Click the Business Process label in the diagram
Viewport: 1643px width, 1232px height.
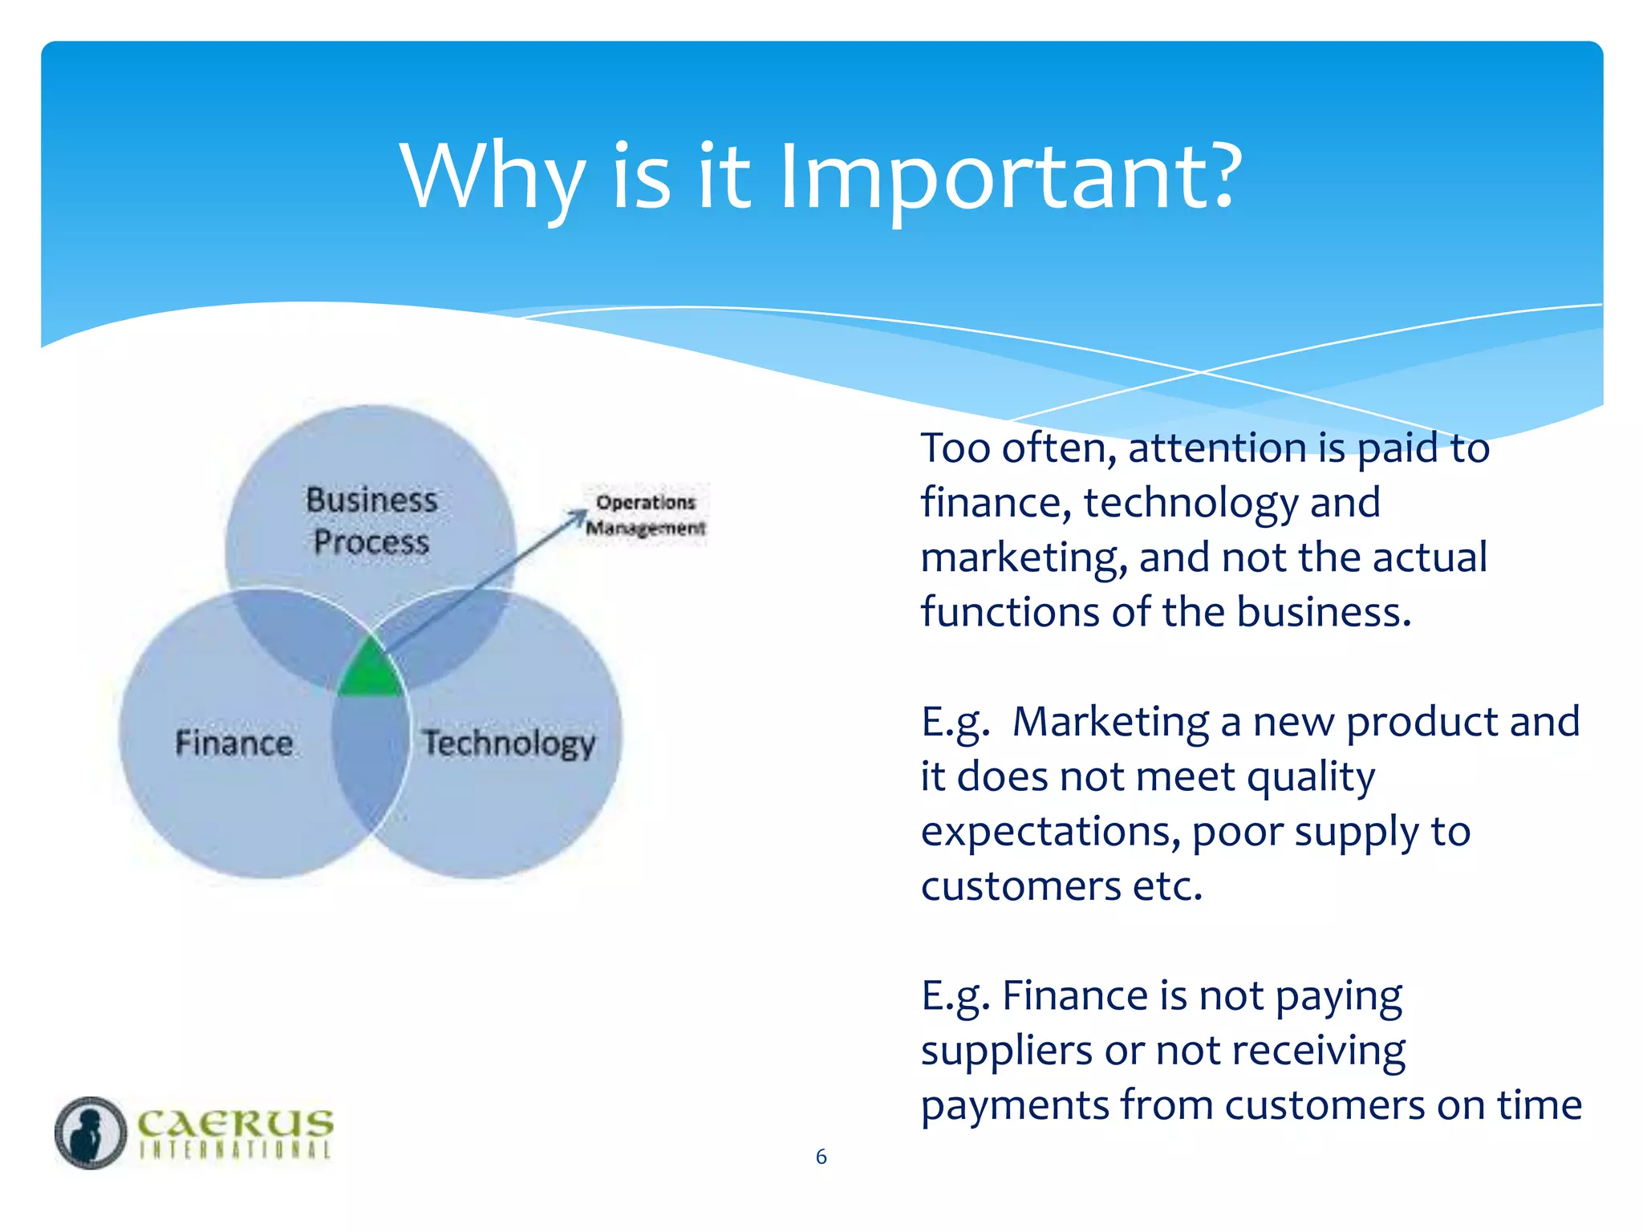coord(371,521)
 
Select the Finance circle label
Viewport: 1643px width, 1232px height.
coord(233,743)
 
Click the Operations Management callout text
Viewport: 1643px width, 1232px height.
coord(645,515)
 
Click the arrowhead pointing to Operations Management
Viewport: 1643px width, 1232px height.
coord(580,517)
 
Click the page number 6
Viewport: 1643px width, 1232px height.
coord(821,1157)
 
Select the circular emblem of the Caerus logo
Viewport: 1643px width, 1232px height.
coord(90,1133)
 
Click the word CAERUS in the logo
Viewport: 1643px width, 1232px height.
coord(234,1123)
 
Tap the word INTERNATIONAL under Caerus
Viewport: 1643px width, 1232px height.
coord(234,1150)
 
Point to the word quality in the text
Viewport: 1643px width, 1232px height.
coord(1310,778)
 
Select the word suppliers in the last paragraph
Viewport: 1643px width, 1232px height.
coord(1006,1052)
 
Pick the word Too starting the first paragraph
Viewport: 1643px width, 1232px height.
coord(955,448)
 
